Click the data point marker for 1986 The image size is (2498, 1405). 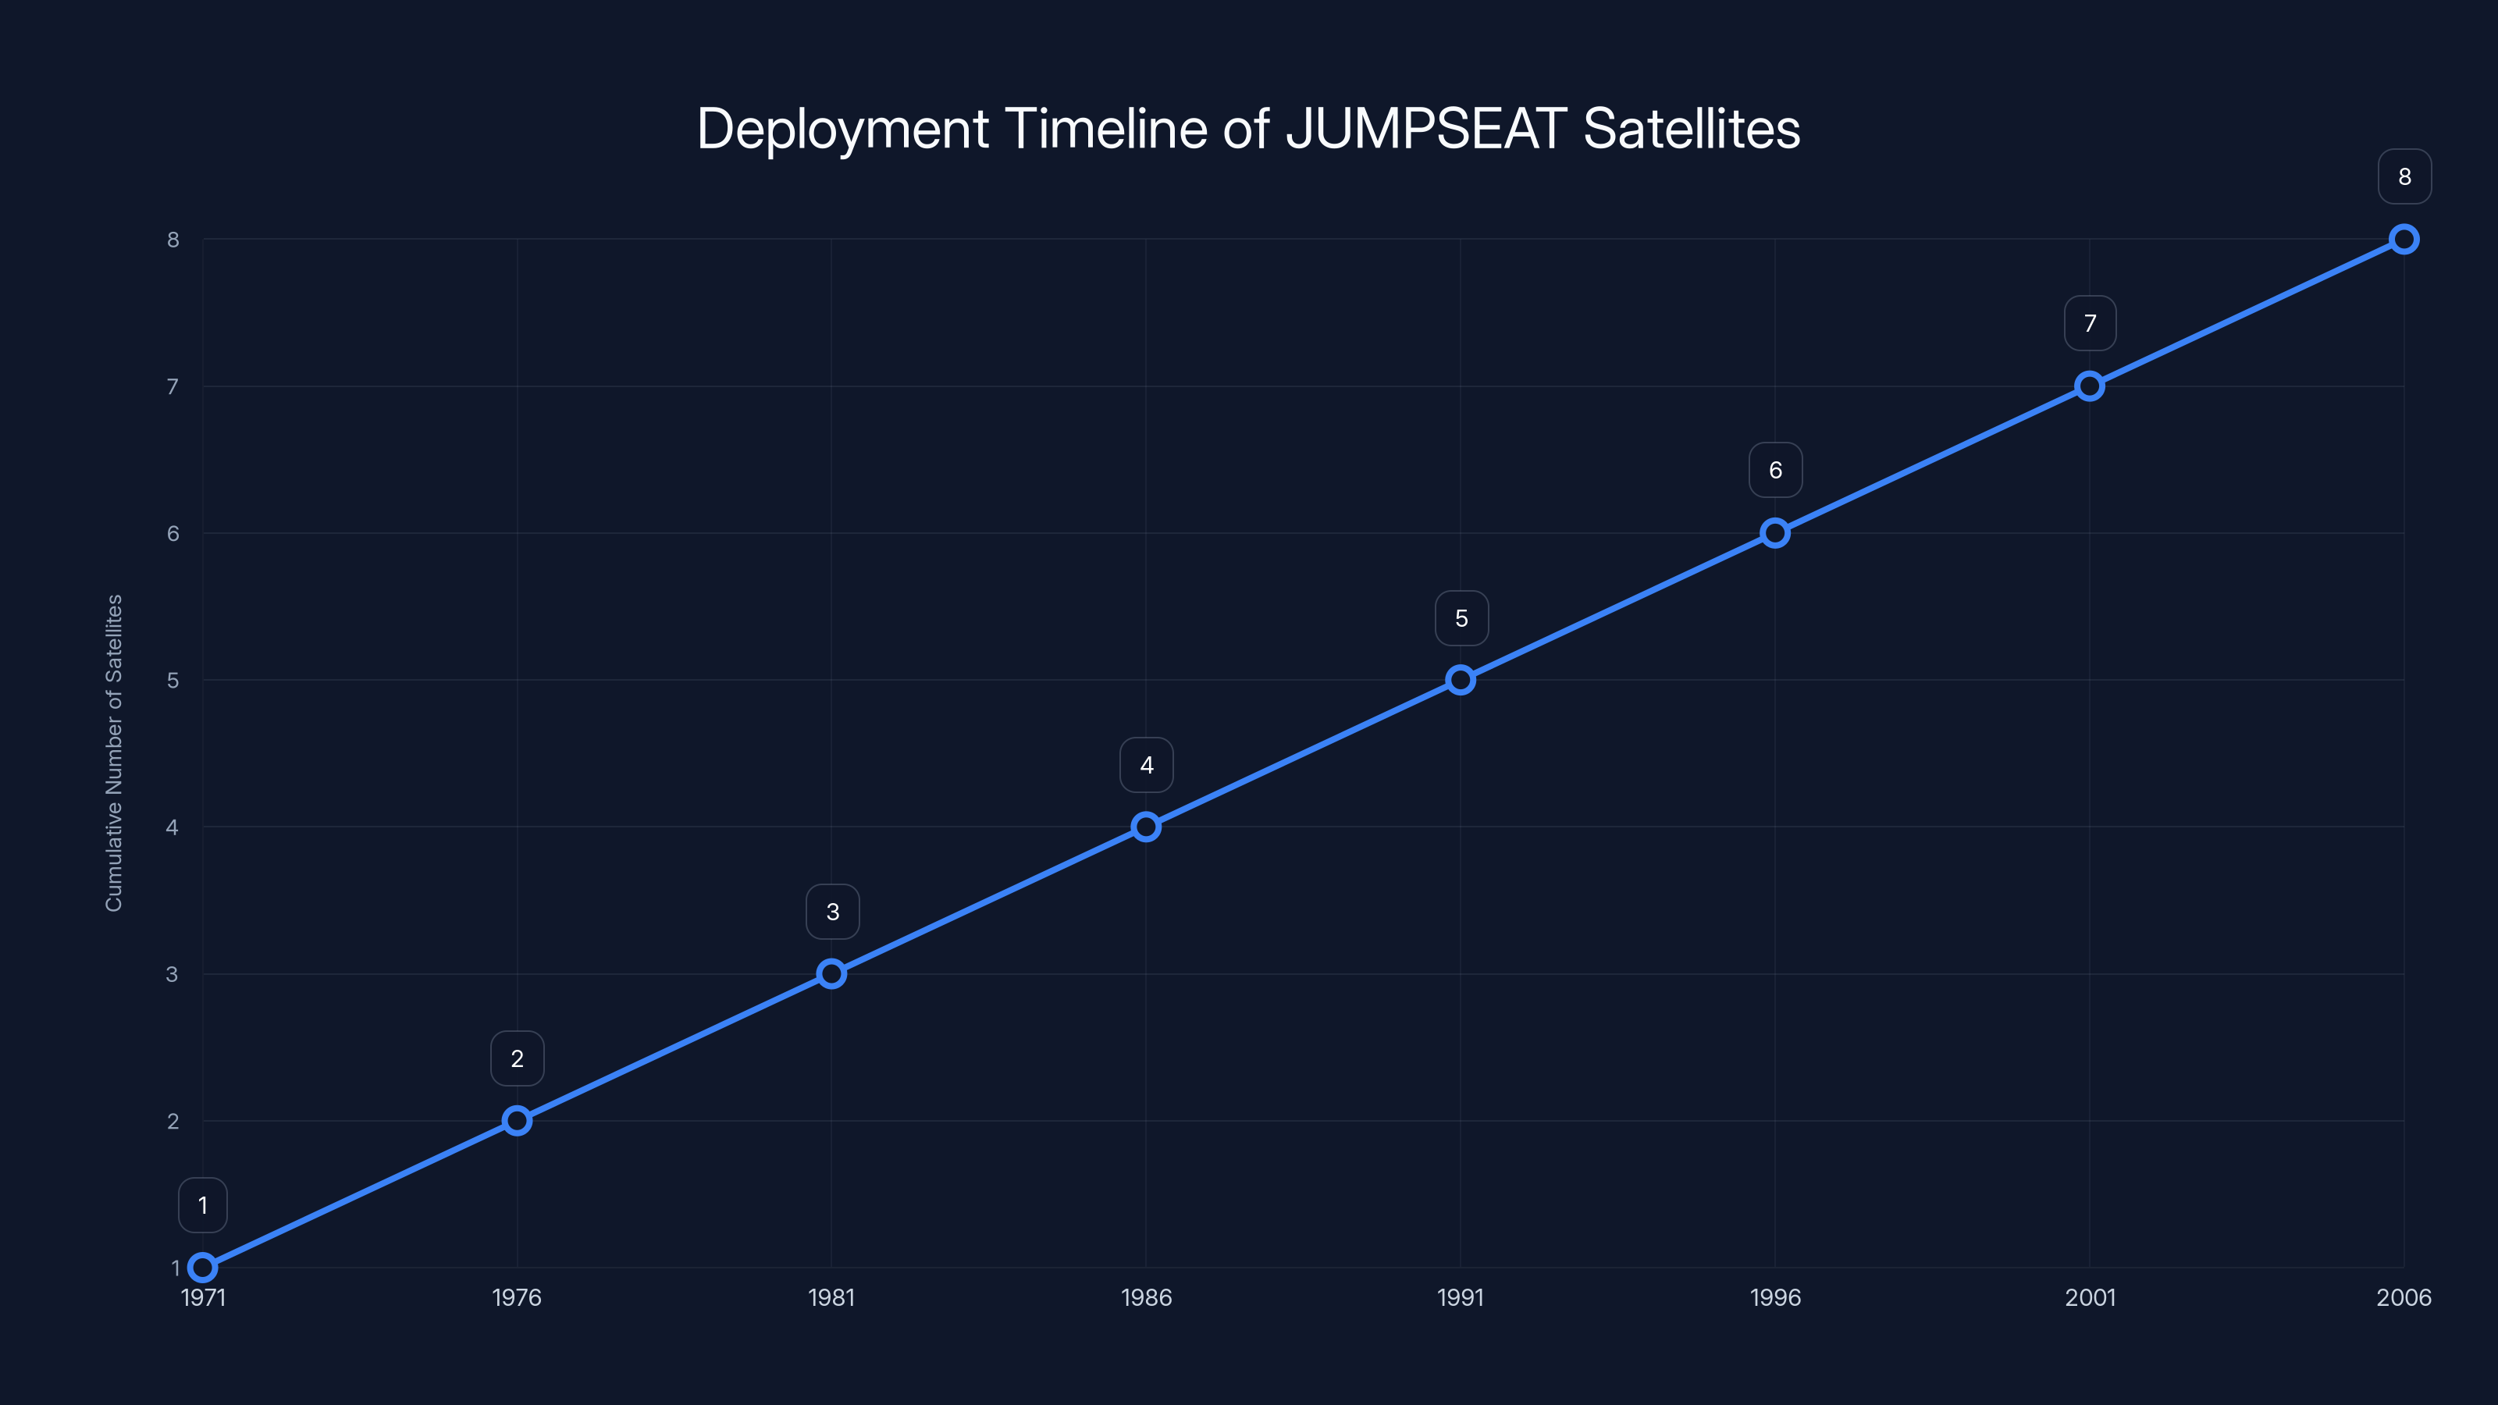click(x=1145, y=827)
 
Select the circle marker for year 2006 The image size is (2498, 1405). click(x=2403, y=240)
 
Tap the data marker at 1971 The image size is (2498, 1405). click(x=203, y=1268)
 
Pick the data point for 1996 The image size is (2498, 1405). click(x=1774, y=533)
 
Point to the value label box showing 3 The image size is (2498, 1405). click(x=832, y=912)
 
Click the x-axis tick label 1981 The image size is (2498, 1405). click(x=831, y=1297)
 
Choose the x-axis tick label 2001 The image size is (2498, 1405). click(x=2090, y=1297)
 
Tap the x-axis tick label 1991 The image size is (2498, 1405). click(x=1461, y=1297)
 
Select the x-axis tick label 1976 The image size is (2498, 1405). click(x=517, y=1297)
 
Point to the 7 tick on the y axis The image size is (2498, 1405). click(x=173, y=387)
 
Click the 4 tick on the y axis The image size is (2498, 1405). click(x=173, y=827)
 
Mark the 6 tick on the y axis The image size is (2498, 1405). click(x=173, y=533)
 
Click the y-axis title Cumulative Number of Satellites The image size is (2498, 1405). click(x=113, y=752)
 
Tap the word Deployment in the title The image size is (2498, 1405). click(x=842, y=129)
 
